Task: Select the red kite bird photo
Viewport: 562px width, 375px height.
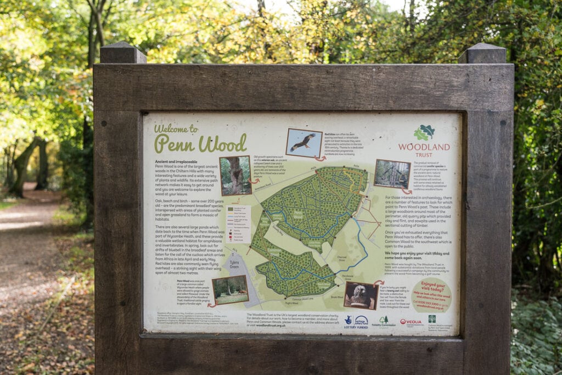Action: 304,142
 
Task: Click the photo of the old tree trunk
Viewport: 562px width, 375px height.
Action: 235,175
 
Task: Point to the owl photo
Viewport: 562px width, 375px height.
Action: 360,295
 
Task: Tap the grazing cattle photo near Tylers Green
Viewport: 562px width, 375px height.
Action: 230,289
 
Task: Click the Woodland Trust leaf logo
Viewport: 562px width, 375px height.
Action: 424,132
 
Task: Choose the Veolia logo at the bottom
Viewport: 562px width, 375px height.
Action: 411,322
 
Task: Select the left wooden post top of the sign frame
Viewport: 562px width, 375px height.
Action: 122,53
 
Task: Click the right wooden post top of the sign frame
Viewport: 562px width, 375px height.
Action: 482,54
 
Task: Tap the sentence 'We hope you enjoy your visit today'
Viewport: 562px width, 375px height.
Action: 417,253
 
